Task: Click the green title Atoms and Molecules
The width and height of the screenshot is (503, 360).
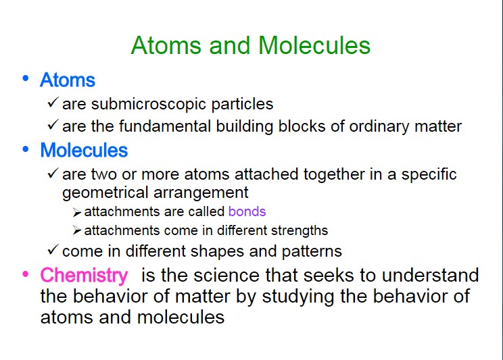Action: (x=251, y=45)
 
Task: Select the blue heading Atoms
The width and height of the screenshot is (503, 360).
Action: (x=68, y=80)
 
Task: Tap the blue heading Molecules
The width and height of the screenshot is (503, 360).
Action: (x=84, y=150)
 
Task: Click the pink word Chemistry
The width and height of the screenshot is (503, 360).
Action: (x=84, y=276)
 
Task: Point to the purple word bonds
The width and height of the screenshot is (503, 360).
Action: (x=247, y=211)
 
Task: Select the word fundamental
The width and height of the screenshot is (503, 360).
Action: (x=165, y=126)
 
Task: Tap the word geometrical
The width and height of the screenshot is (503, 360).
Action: (x=105, y=193)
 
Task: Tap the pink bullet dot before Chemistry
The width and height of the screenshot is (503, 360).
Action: (x=25, y=274)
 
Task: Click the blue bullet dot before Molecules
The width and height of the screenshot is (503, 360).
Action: (x=25, y=149)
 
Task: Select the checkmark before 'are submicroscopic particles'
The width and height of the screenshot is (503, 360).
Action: (x=53, y=102)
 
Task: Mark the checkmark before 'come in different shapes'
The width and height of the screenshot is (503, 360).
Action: (x=53, y=250)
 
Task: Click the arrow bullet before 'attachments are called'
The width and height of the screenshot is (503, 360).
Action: (x=76, y=213)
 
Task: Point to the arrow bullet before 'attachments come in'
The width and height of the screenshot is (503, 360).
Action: (x=76, y=230)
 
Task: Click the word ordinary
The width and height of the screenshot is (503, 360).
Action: (x=379, y=127)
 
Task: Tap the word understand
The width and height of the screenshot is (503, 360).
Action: (x=430, y=276)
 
